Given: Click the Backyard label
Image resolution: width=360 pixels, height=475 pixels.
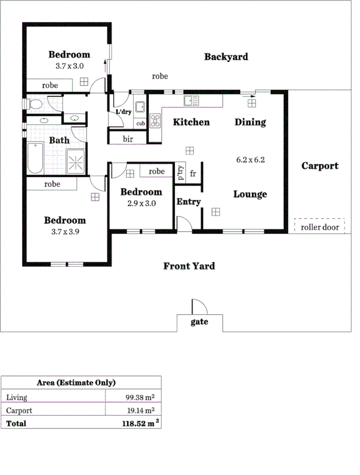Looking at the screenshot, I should point(225,57).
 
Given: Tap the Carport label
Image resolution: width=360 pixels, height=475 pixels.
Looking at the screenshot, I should point(320,166).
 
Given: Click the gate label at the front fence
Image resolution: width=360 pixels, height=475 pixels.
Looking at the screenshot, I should point(199,322).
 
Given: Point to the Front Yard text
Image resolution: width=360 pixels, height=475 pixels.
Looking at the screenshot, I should point(189,266).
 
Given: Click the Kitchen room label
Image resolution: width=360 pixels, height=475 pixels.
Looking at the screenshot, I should point(191,122).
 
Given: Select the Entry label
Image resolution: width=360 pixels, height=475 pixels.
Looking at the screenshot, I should point(188,201).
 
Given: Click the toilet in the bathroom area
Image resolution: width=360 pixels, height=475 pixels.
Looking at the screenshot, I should point(35,104).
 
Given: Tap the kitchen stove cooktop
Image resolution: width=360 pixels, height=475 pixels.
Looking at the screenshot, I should point(155,121).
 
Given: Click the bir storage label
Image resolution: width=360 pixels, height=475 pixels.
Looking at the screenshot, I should point(128,139).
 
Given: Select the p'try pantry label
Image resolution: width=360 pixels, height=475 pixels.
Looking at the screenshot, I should point(181,172).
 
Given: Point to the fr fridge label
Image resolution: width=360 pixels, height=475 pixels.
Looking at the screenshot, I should point(193,173).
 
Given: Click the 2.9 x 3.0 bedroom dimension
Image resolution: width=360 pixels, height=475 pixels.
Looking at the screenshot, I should point(141,204).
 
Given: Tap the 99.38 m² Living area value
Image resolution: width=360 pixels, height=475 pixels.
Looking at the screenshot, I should point(140,397).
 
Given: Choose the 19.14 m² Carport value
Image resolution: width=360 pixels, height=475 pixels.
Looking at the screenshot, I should point(140,410).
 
